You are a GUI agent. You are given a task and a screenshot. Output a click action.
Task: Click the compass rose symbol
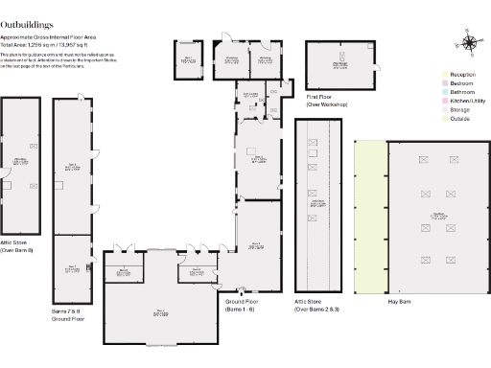pos(471,43)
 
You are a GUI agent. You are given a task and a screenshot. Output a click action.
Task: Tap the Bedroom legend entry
pos(461,83)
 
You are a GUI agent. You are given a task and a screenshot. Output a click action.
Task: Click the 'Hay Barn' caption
pos(399,301)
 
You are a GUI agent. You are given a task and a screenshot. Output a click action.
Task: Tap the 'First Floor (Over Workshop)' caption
pos(327,100)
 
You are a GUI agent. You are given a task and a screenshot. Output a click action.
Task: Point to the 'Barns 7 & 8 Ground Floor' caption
pos(68,314)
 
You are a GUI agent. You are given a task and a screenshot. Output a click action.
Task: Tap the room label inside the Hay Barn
pos(436,216)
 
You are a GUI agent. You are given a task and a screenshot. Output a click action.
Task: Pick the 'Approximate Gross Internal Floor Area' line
pos(47,37)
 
